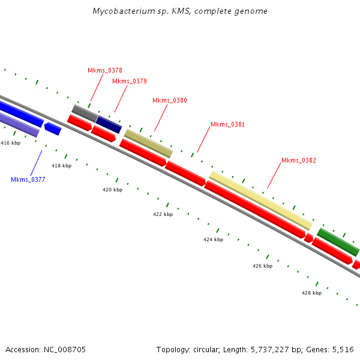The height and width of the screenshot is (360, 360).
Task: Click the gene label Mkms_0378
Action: [x=105, y=70]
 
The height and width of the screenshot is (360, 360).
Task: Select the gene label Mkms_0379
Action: [x=130, y=81]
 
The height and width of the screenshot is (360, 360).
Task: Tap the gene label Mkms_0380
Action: [x=170, y=100]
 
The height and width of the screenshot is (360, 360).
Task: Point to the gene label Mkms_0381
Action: [x=227, y=124]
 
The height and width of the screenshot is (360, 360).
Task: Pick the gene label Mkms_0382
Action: [x=299, y=160]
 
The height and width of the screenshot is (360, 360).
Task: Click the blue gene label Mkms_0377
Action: [x=28, y=179]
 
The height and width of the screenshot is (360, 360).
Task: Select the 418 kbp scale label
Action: [x=61, y=166]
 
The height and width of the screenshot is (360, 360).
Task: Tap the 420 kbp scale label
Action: [x=112, y=190]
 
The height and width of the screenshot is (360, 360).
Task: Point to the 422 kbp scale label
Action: [x=163, y=214]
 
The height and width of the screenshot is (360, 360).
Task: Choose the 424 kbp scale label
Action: [x=213, y=239]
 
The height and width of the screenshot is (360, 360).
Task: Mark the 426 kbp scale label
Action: [x=262, y=266]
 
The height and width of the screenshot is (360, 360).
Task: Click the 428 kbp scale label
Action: [x=311, y=293]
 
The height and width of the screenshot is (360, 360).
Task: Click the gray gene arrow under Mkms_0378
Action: [x=85, y=112]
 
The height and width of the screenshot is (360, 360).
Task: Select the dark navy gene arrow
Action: [x=109, y=124]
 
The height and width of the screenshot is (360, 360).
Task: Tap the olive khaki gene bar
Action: [x=148, y=143]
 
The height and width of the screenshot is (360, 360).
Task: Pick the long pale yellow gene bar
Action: [x=260, y=200]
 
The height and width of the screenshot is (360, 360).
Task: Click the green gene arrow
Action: [x=338, y=241]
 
